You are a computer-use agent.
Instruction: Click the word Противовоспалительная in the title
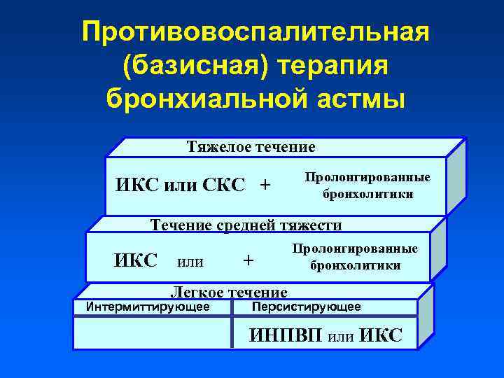[x=255, y=32]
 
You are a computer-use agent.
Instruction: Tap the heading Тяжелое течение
[x=251, y=147]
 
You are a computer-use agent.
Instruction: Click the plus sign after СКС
[x=265, y=185]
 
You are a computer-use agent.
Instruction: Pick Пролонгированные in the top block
[x=368, y=178]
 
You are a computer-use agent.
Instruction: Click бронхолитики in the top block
[x=368, y=193]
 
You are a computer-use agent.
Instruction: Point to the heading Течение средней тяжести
[x=247, y=225]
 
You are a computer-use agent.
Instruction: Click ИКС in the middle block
[x=136, y=260]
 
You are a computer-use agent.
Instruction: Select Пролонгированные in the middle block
[x=356, y=250]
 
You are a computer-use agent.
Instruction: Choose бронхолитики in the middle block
[x=356, y=265]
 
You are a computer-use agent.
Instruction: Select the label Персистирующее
[x=307, y=307]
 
